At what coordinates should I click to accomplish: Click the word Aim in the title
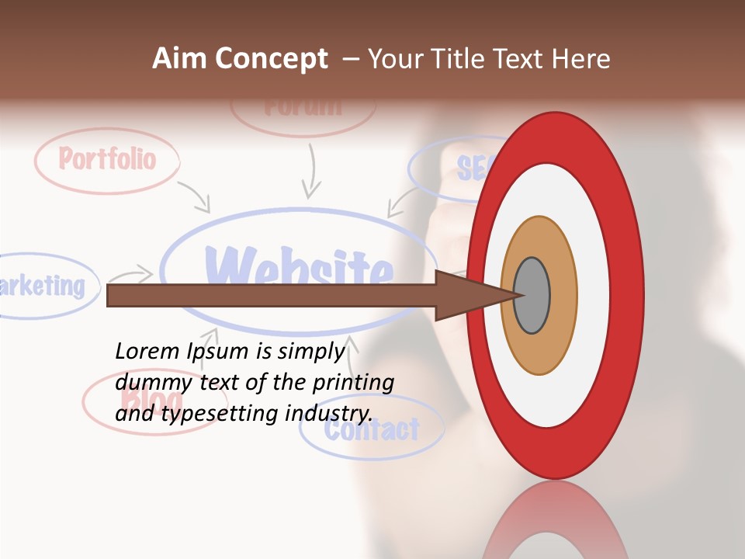coord(180,59)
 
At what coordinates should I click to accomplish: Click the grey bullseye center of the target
coord(532,295)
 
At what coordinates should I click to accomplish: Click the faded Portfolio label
coord(107,160)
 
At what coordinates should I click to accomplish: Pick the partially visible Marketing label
coord(43,286)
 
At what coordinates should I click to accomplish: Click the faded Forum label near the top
coord(303,107)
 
